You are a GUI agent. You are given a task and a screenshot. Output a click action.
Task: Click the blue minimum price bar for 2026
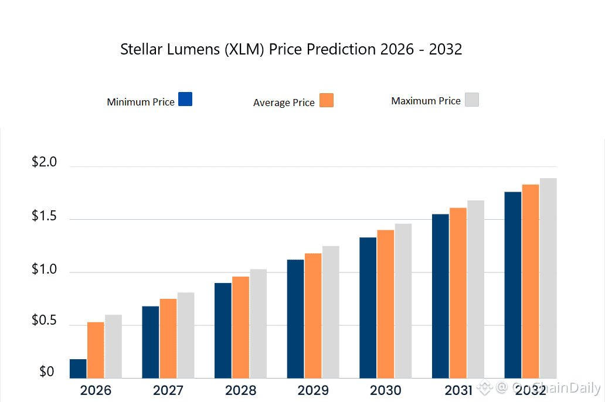click(78, 369)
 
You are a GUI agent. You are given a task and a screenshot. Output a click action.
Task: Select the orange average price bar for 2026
click(96, 350)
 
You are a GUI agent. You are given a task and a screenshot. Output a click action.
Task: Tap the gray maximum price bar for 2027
click(186, 335)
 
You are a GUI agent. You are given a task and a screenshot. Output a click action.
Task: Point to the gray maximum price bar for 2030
click(403, 301)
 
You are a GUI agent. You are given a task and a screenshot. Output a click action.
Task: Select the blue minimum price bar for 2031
click(440, 296)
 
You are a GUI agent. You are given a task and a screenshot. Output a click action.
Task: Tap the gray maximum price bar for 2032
click(548, 278)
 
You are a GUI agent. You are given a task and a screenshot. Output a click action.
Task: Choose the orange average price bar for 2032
click(531, 281)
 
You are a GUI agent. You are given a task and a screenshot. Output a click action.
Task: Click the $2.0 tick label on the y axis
click(44, 162)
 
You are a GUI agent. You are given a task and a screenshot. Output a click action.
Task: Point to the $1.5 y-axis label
click(44, 216)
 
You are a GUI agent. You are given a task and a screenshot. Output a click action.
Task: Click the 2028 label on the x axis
click(240, 390)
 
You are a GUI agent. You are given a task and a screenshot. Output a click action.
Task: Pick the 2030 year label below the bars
click(386, 390)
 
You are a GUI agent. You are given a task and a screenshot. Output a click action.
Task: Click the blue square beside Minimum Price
click(185, 99)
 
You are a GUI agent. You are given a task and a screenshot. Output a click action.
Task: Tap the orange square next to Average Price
click(327, 100)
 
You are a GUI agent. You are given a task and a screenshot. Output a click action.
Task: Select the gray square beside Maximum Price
click(472, 100)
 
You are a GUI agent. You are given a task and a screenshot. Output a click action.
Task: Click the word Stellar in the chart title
click(139, 49)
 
